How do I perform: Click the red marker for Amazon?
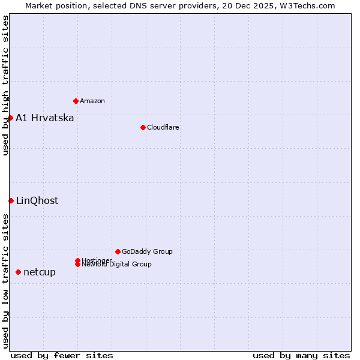click(76, 101)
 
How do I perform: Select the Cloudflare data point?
click(143, 127)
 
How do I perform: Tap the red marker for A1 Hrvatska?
click(10, 118)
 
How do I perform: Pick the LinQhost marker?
click(11, 200)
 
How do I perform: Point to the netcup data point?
click(18, 272)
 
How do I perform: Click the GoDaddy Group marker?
click(118, 251)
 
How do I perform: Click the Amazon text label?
click(92, 101)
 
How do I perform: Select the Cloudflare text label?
click(163, 127)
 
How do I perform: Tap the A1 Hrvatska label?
click(45, 118)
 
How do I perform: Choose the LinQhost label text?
click(37, 200)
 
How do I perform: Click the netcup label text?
click(40, 272)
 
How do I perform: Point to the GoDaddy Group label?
click(147, 251)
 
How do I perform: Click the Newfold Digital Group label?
click(117, 265)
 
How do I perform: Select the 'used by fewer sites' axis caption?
click(62, 355)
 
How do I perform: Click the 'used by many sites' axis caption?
click(301, 355)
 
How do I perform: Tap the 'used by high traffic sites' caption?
click(5, 85)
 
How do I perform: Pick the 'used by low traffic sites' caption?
click(5, 281)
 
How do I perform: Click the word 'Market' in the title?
click(39, 5)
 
